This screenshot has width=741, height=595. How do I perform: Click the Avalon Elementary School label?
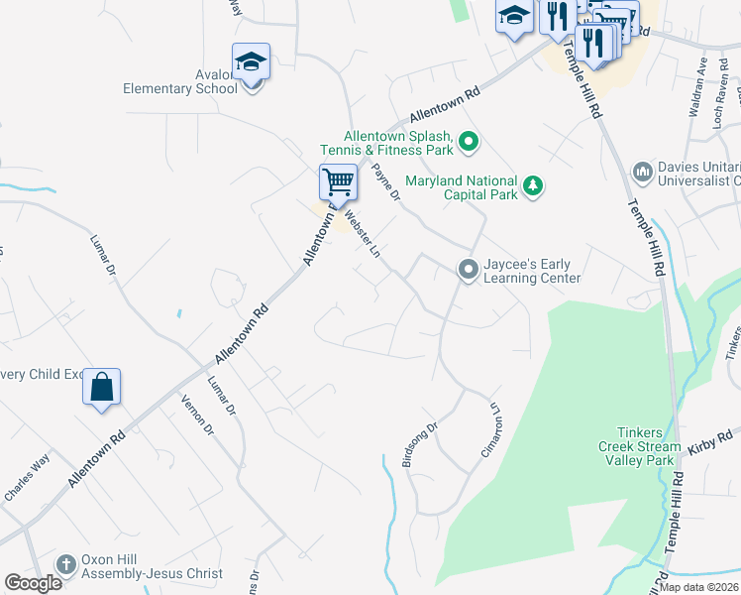click(180, 87)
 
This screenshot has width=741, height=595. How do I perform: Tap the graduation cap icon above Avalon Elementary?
click(252, 63)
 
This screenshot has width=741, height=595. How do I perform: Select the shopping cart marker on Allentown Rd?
click(338, 183)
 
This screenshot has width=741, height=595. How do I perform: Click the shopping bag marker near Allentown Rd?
click(102, 387)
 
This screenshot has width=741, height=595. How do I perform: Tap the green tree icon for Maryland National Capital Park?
click(533, 187)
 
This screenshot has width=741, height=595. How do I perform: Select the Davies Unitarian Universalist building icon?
click(643, 174)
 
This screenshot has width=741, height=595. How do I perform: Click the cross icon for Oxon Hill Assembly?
click(66, 564)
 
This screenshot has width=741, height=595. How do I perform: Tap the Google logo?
click(33, 583)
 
